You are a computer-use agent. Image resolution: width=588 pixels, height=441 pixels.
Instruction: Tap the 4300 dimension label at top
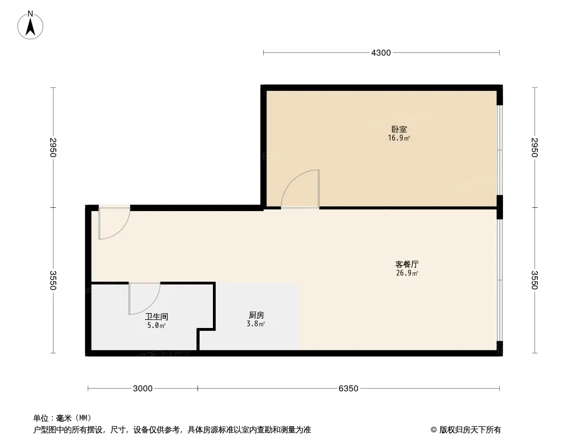(381, 53)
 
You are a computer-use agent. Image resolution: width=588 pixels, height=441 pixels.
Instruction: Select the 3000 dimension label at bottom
(142, 389)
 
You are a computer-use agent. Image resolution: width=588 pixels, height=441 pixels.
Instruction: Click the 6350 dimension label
(349, 389)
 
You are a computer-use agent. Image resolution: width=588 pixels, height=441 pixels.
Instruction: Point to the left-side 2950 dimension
(53, 148)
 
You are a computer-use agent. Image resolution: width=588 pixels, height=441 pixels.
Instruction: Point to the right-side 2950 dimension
(534, 148)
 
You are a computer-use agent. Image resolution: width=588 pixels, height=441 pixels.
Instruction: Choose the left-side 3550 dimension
(53, 280)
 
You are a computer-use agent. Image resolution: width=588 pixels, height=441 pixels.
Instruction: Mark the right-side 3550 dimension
(534, 280)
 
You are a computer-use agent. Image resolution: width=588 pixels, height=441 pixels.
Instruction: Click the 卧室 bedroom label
(399, 129)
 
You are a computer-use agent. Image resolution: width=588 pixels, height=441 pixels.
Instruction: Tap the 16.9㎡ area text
(399, 138)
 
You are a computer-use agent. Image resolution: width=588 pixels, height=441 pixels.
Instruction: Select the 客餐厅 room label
(407, 264)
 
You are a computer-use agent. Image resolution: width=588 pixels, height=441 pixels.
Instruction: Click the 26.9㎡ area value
(407, 273)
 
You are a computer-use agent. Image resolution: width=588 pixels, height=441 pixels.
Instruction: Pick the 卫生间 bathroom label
(156, 316)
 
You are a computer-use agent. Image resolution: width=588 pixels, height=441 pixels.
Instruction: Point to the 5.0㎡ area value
(156, 326)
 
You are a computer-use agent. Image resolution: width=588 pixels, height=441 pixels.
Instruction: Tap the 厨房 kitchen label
(256, 315)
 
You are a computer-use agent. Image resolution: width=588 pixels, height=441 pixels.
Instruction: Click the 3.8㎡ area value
(256, 324)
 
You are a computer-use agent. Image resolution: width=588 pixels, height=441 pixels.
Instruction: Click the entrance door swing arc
(121, 230)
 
